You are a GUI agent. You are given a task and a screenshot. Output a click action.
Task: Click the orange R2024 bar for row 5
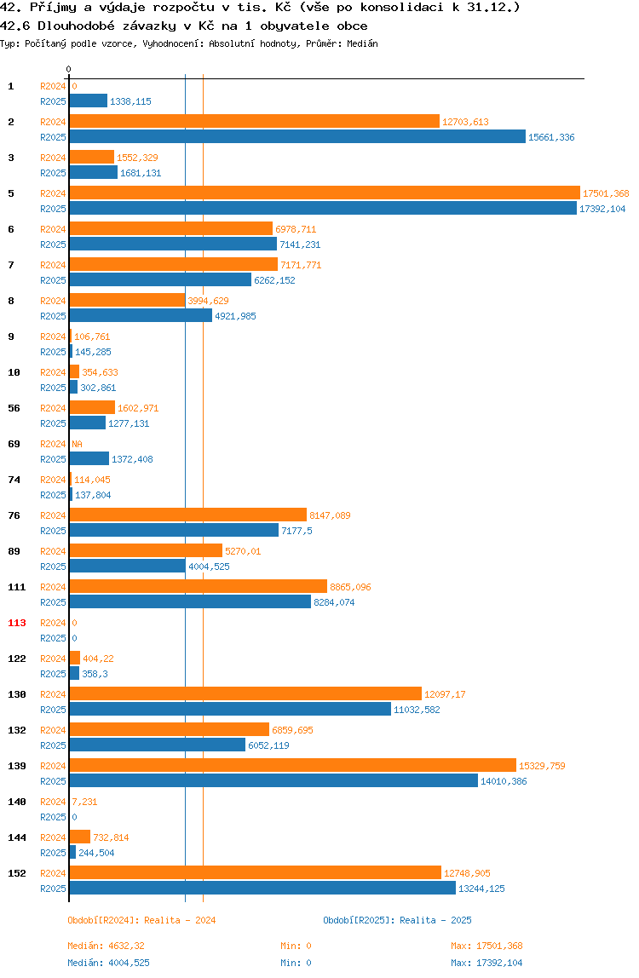coord(325,193)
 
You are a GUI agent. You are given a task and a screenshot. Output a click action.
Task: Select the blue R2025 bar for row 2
coord(297,136)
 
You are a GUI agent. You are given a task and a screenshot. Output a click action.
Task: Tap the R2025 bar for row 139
coord(273,780)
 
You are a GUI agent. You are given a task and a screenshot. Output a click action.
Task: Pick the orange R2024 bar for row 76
coord(187,515)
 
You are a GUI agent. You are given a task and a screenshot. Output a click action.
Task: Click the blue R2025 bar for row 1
coord(89,101)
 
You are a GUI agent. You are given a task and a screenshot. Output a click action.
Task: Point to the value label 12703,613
coord(465,123)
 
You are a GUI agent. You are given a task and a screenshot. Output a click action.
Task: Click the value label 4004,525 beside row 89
coord(209,567)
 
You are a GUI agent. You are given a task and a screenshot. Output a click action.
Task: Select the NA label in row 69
coord(77,444)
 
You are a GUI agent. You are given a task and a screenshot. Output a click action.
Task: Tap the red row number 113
coord(17,623)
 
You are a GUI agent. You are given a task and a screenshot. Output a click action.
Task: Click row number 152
coord(17,873)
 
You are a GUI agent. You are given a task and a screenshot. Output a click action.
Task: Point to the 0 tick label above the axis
coord(69,69)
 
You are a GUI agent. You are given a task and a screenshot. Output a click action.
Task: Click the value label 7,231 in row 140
coord(85,803)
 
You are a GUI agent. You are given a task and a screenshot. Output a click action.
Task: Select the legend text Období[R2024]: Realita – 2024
coord(141,920)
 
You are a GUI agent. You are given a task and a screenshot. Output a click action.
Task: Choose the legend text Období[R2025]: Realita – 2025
coord(398,920)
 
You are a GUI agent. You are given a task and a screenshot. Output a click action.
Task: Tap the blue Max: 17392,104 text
coord(486,963)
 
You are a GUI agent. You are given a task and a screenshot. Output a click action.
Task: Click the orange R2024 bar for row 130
coord(245,693)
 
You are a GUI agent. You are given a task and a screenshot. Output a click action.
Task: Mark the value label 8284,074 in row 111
coord(334,602)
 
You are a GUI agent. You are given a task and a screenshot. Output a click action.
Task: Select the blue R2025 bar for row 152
coord(262,888)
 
